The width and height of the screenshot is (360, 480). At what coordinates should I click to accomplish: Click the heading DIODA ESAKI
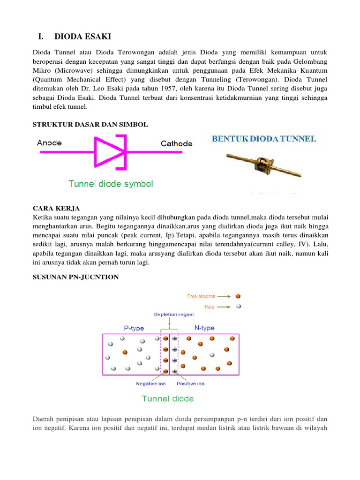coord(83,37)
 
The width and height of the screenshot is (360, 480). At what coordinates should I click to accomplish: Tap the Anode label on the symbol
coord(49,142)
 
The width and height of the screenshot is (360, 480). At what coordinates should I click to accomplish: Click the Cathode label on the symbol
coord(176,143)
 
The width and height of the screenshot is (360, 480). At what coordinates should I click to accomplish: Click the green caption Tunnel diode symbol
coord(111,184)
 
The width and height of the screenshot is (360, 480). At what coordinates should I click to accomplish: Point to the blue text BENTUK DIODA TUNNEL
coord(264,139)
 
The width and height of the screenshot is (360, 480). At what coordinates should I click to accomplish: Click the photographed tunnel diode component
coord(264,165)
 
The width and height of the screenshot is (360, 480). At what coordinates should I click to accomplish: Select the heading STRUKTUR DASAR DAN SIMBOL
coord(90,124)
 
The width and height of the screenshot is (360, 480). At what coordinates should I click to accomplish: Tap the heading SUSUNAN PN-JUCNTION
coord(75,277)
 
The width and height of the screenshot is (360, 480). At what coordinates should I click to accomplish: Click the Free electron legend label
coord(201,296)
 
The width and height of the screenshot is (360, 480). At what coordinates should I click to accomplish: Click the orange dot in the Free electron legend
coord(239,296)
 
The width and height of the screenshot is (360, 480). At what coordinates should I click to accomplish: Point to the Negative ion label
coord(151,383)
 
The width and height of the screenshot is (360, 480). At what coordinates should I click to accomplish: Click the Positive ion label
coord(191,383)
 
